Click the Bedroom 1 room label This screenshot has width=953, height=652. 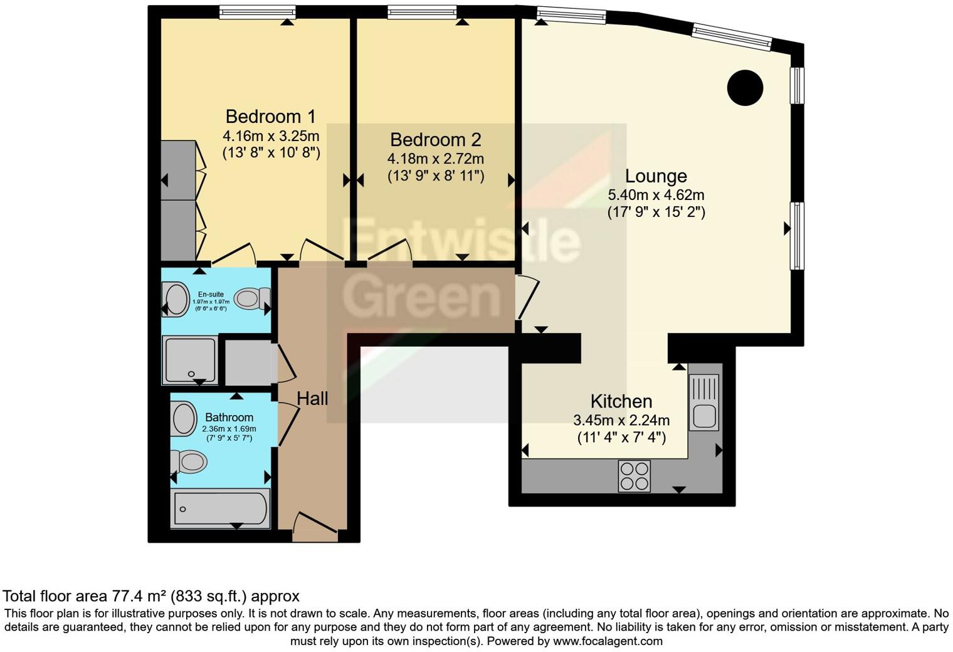pos(271,117)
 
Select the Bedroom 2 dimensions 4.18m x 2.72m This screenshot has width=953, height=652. pos(435,159)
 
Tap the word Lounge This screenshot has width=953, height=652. pos(656,176)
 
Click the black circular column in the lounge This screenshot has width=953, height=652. pos(745,87)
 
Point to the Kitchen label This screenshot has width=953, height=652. pos(621,401)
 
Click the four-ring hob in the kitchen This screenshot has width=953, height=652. pos(634,476)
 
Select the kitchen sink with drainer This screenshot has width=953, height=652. pos(703,402)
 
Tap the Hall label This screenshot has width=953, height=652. pos(312,398)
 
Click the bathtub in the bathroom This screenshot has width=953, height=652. pos(221,508)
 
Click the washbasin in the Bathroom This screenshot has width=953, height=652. pos(184,418)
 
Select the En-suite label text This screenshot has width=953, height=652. pos(211,294)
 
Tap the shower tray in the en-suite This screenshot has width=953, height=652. pos(191,359)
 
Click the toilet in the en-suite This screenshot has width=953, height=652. pos(253,298)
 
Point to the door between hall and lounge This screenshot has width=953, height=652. pos(526,298)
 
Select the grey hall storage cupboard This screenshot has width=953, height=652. pos(248,363)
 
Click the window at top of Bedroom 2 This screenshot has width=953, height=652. pos(422,11)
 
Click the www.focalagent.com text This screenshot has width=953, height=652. pos(608,641)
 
